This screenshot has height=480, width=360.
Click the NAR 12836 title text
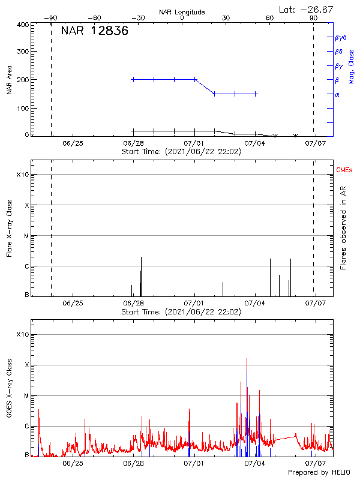click(95, 32)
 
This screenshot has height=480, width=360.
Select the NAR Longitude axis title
click(182, 12)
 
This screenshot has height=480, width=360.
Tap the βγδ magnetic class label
click(340, 37)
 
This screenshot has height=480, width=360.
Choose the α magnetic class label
click(337, 94)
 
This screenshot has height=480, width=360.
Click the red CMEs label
click(344, 170)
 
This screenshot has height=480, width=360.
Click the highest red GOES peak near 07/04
click(247, 360)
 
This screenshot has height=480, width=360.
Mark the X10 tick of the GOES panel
click(23, 334)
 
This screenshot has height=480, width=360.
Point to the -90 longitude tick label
click(53, 19)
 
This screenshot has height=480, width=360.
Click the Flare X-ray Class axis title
click(9, 227)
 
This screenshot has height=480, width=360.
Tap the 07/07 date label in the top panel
click(316, 143)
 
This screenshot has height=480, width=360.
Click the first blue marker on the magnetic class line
click(133, 79)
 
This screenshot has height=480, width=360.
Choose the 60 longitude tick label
click(270, 19)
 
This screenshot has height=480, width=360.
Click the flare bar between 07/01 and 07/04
click(223, 289)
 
